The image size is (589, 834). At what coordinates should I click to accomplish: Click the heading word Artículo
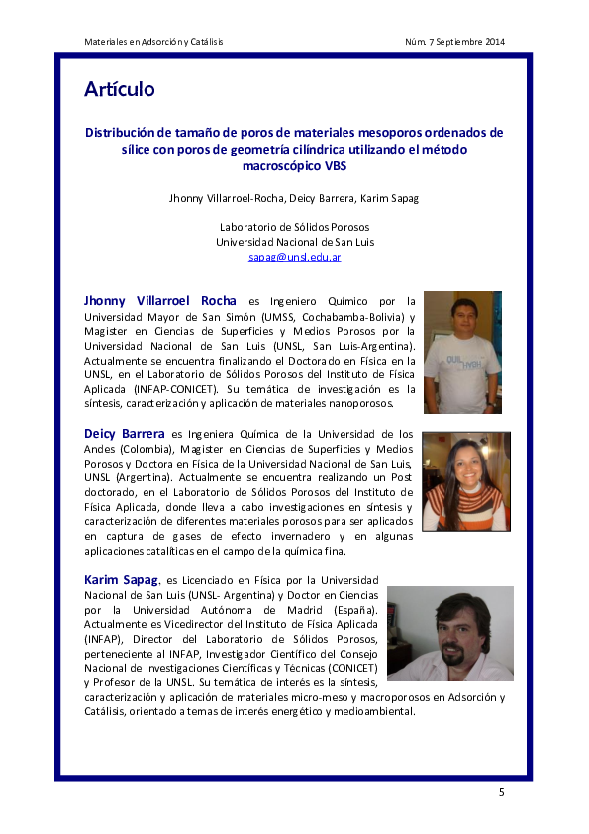pyautogui.click(x=119, y=90)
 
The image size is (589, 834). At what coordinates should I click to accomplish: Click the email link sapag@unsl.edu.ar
pyautogui.click(x=294, y=257)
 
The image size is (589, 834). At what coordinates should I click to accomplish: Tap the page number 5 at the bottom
pyautogui.click(x=501, y=792)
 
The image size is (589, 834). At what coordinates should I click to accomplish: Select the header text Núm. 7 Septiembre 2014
pyautogui.click(x=454, y=41)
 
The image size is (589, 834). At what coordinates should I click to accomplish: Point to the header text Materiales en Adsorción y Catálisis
pyautogui.click(x=153, y=41)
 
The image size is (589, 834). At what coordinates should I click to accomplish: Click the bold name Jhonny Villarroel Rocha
pyautogui.click(x=160, y=301)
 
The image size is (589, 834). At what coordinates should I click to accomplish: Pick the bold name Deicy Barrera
pyautogui.click(x=126, y=434)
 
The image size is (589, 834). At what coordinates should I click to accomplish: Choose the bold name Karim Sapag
pyautogui.click(x=114, y=579)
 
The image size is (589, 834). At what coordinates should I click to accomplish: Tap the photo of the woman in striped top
pyautogui.click(x=465, y=480)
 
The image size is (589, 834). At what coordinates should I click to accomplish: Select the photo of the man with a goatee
pyautogui.click(x=449, y=633)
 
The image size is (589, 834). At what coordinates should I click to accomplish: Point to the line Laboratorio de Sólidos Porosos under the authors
pyautogui.click(x=294, y=227)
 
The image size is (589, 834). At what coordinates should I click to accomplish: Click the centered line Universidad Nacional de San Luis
pyautogui.click(x=294, y=242)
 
